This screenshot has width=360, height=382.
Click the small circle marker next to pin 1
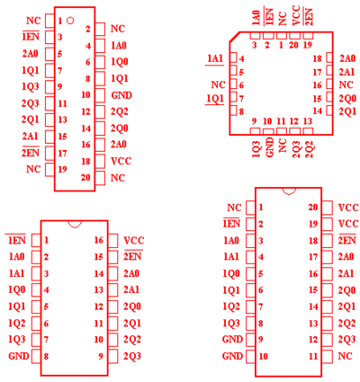70,21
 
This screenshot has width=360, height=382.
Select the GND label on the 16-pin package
19,356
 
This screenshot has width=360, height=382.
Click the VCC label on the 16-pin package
134,240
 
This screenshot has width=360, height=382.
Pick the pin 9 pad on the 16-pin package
113,356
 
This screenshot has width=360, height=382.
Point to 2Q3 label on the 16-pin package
132,356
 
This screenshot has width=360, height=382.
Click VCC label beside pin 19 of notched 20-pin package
348,224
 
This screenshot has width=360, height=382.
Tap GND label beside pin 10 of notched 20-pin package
232,356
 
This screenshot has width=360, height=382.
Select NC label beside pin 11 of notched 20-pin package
345,356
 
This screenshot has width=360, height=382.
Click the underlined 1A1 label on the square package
215,58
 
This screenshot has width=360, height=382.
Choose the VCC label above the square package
296,15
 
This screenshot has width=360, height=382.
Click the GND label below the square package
270,147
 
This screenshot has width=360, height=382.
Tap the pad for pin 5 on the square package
233,71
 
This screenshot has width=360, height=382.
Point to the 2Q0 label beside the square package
347,98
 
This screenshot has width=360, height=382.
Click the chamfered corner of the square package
235,37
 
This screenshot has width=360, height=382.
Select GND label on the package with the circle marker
121,95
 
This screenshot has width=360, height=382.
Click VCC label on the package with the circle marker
121,161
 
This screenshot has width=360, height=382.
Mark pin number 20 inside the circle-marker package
85,177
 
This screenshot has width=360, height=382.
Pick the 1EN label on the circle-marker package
31,37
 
